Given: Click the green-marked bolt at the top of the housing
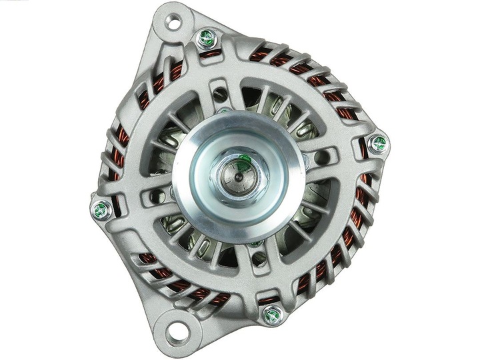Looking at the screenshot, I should tap(207, 38).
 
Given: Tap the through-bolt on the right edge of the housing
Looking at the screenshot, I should tap(379, 143).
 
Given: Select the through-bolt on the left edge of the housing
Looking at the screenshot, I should tap(101, 211).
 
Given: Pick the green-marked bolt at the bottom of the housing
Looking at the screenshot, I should tap(272, 315).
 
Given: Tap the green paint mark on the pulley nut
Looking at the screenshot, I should tap(245, 159).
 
